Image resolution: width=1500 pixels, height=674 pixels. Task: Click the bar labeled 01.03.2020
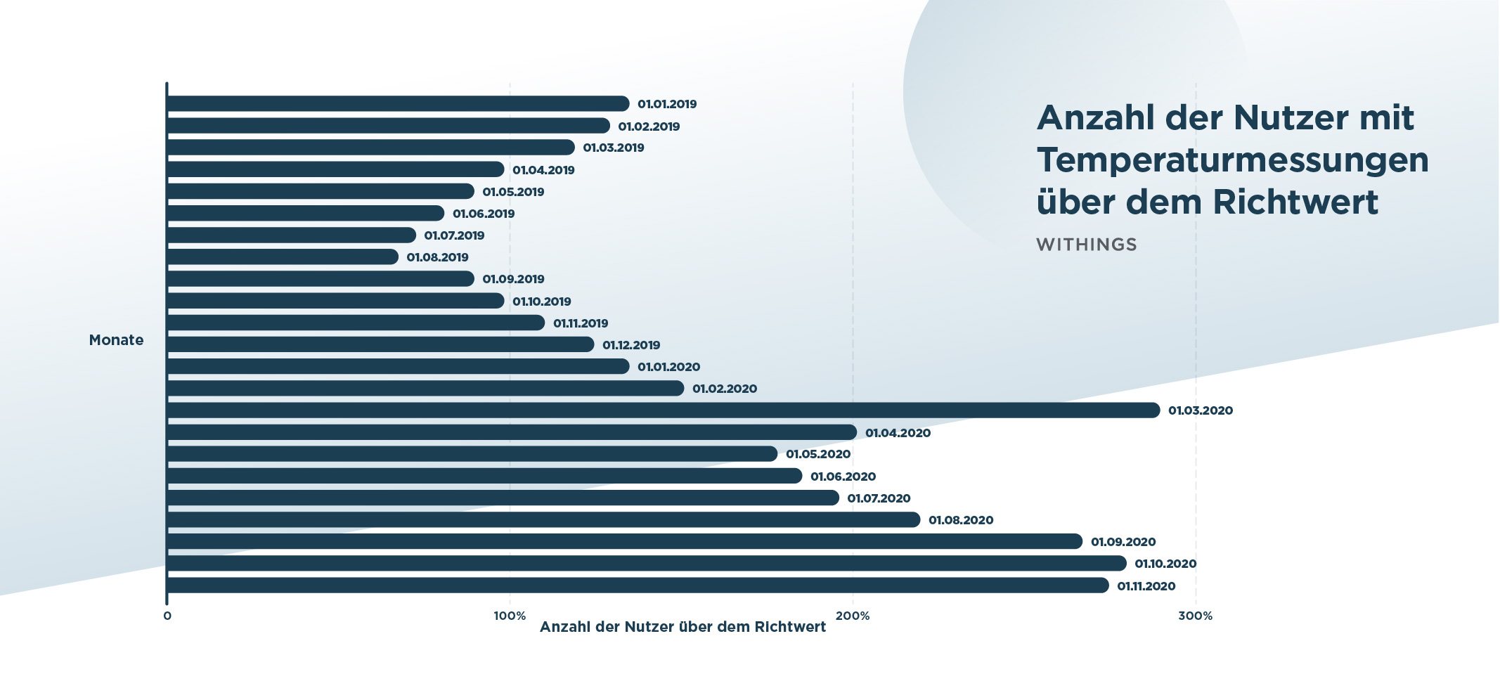tap(663, 410)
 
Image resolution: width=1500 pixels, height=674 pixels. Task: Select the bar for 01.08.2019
tap(283, 257)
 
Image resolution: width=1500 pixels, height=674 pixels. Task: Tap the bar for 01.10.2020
tap(646, 564)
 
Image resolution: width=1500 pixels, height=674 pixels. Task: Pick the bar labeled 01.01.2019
tap(398, 104)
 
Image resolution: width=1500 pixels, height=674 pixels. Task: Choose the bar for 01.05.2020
tap(472, 454)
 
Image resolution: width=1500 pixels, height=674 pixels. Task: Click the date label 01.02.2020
tap(724, 389)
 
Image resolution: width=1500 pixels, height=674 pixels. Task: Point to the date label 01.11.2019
tap(581, 323)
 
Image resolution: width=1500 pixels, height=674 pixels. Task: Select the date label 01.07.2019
tap(454, 235)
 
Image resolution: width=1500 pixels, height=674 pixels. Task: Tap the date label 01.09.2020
tap(1123, 542)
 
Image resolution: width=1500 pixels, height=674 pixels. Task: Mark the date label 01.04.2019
tap(543, 170)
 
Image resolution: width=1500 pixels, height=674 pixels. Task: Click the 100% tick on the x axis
tap(510, 616)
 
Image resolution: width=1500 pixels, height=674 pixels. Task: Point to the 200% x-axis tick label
tap(853, 616)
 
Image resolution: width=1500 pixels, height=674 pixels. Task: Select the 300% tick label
tap(1195, 616)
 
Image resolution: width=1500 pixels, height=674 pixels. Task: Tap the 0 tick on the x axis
tap(167, 616)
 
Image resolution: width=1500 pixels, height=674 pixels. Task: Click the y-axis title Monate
tap(116, 340)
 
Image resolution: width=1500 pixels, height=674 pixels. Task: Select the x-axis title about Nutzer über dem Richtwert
tap(683, 627)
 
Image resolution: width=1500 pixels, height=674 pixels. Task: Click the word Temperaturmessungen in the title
tap(1232, 160)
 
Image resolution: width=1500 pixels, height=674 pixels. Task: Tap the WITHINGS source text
tap(1086, 245)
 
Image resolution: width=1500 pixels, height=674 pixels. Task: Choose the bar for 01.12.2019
tap(380, 344)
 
